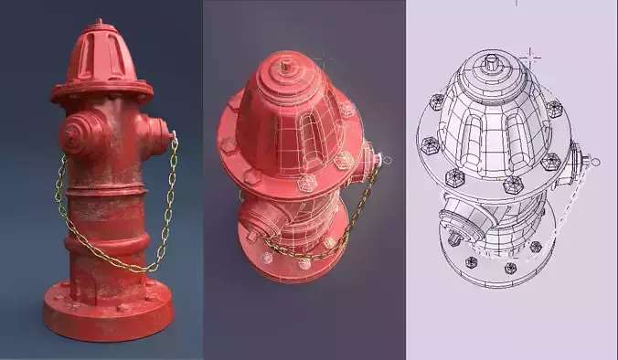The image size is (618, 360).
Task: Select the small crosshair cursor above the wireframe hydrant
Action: click(x=529, y=57)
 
